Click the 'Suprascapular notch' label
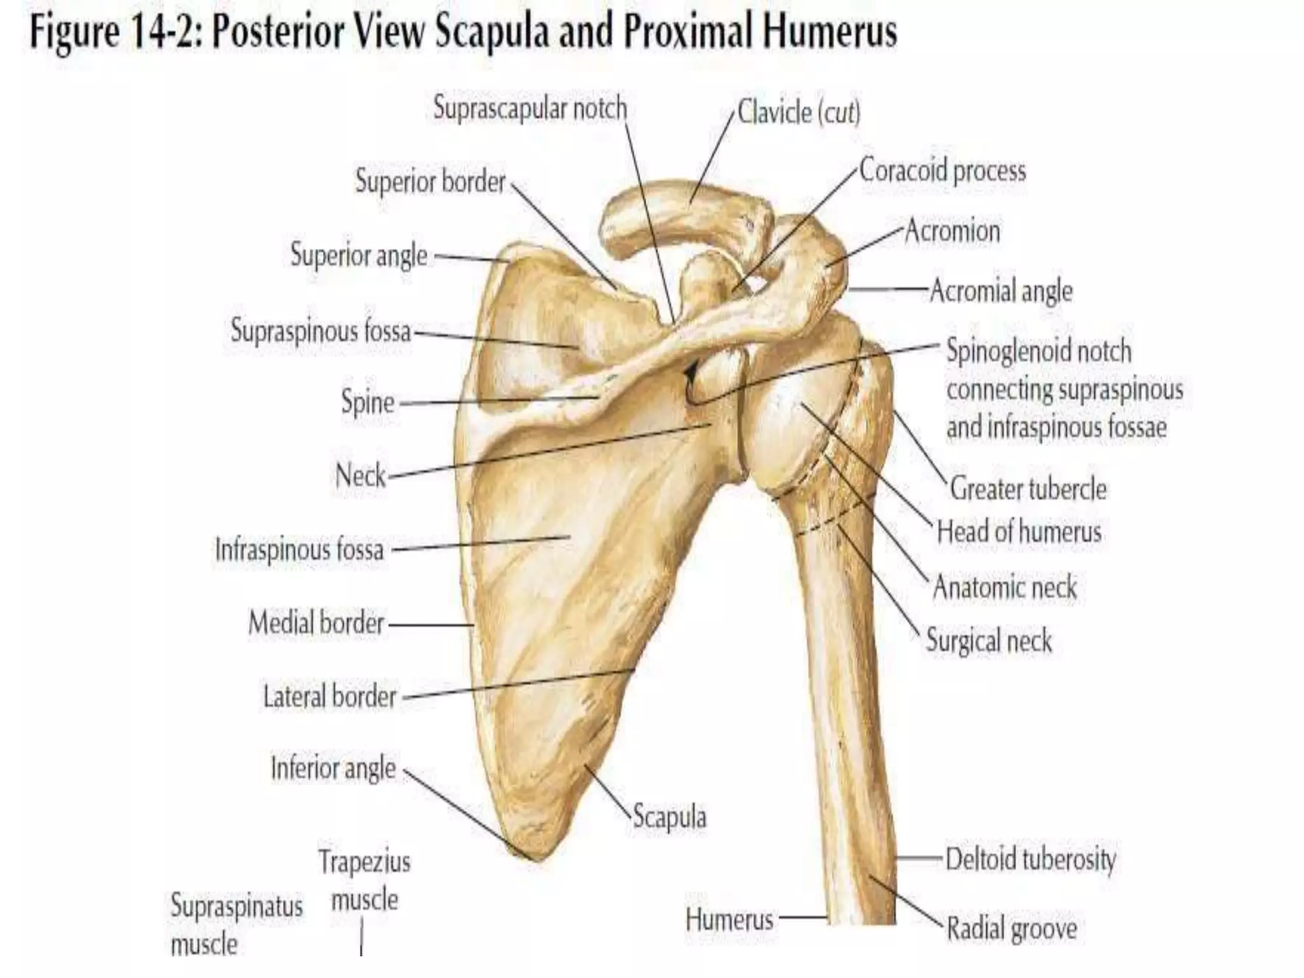point(530,109)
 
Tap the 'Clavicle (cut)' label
point(798,113)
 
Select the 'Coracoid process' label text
point(942,171)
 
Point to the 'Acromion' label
point(952,230)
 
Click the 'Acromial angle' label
point(1001,292)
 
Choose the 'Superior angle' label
point(358,255)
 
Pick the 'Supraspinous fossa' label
point(320,331)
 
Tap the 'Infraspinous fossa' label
point(299,549)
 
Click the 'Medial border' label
point(316,623)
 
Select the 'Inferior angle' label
point(333,768)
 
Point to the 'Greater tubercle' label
point(1028,489)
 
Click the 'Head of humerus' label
point(1019,532)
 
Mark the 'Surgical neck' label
point(989,640)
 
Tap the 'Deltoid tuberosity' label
point(1030,859)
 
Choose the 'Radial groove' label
point(1012,928)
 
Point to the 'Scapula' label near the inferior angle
point(669,817)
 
